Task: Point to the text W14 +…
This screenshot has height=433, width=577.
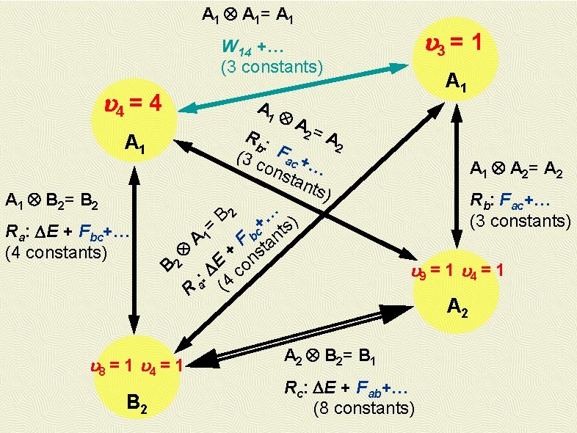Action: click(x=253, y=48)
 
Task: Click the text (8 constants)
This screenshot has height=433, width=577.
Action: click(x=363, y=407)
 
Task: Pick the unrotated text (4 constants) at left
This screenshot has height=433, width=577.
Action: click(x=56, y=253)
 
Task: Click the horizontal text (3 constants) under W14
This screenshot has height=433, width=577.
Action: click(x=272, y=66)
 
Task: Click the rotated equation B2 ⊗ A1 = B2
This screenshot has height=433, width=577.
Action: click(x=197, y=239)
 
